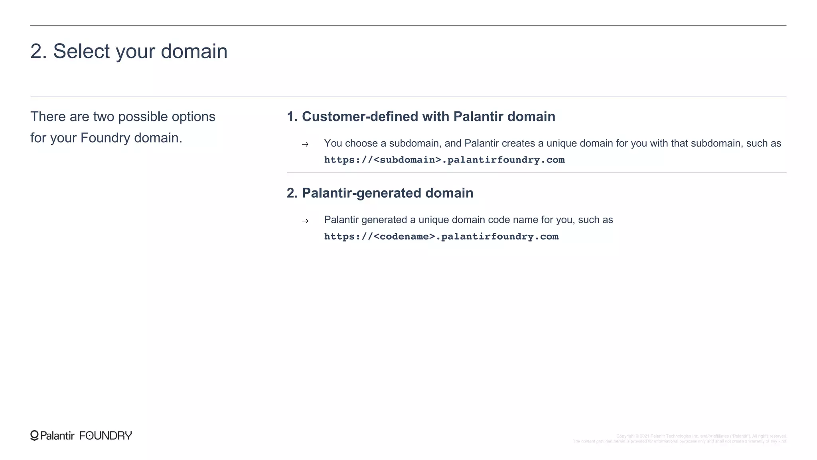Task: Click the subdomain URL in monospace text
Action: click(x=444, y=160)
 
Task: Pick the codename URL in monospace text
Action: click(x=441, y=237)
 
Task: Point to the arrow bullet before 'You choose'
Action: click(x=305, y=145)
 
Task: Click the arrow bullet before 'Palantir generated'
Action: click(x=305, y=221)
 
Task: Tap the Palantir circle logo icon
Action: click(x=35, y=435)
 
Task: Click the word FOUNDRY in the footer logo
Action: click(x=106, y=436)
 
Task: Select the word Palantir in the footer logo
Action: click(x=57, y=436)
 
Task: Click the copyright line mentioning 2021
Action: click(x=701, y=436)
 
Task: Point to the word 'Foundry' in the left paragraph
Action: click(x=105, y=138)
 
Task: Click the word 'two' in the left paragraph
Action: click(x=104, y=117)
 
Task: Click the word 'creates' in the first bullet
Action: click(x=518, y=143)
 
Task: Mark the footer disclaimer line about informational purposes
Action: click(x=679, y=442)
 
